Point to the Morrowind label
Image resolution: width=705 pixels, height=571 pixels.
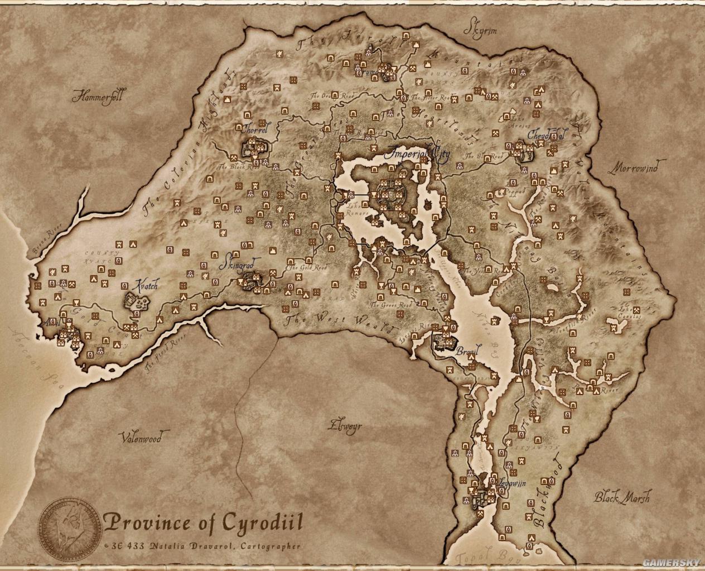point(636,167)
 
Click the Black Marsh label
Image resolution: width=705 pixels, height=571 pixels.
point(621,497)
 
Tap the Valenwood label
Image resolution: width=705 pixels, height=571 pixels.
point(142,438)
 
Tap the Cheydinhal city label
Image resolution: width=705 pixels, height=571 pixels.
point(546,136)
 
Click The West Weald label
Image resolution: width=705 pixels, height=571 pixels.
point(339,323)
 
